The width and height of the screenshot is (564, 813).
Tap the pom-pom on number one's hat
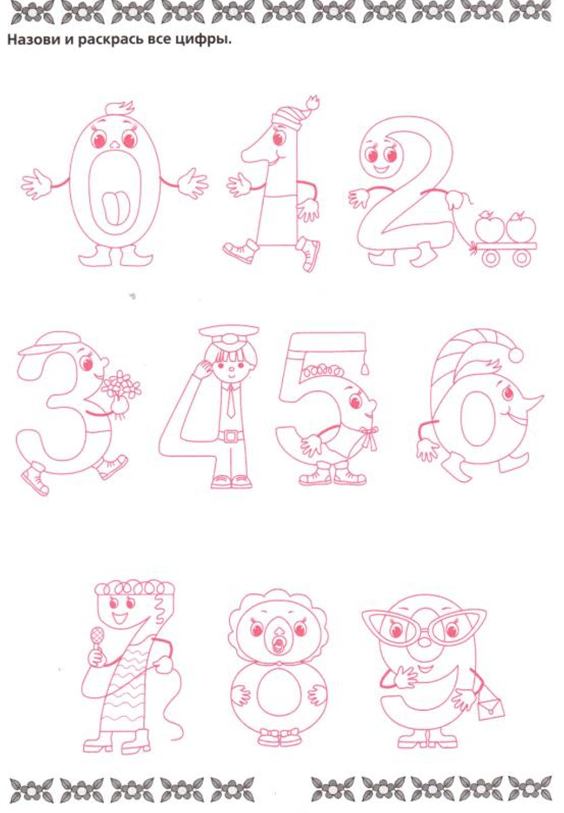pos(312,103)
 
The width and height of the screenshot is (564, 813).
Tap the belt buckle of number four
pos(230,436)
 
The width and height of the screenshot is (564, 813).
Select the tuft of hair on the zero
pos(120,108)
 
